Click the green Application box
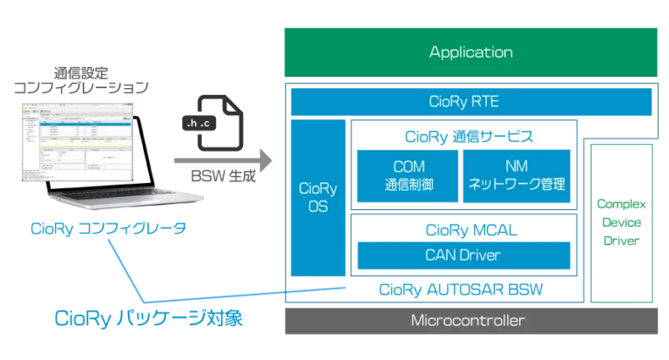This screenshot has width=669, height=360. click(x=470, y=52)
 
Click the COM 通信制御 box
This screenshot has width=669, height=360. click(x=405, y=174)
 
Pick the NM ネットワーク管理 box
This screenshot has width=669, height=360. click(x=517, y=174)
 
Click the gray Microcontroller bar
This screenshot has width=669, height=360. click(x=468, y=320)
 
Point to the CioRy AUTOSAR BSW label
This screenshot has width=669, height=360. click(x=462, y=289)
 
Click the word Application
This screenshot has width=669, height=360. click(x=470, y=52)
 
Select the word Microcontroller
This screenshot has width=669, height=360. click(x=468, y=320)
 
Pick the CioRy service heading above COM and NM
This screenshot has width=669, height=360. click(x=462, y=136)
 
